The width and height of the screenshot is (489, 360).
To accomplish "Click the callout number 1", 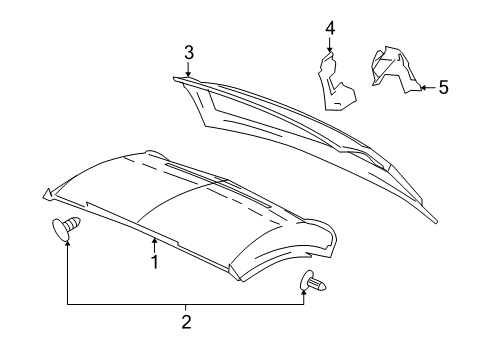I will tap(155, 261).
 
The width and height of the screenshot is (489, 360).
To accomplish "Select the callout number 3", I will tap(187, 52).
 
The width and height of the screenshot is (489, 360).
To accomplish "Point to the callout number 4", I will tap(329, 28).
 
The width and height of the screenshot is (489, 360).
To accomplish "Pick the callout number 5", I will tap(442, 88).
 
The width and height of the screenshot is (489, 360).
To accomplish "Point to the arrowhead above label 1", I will tap(155, 240).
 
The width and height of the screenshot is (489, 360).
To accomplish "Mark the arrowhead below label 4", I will tap(329, 50).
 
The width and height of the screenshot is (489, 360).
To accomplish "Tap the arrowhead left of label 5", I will tap(420, 88).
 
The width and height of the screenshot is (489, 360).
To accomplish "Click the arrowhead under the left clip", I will tap(67, 246).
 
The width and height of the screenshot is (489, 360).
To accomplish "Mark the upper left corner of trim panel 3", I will tap(174, 76).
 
